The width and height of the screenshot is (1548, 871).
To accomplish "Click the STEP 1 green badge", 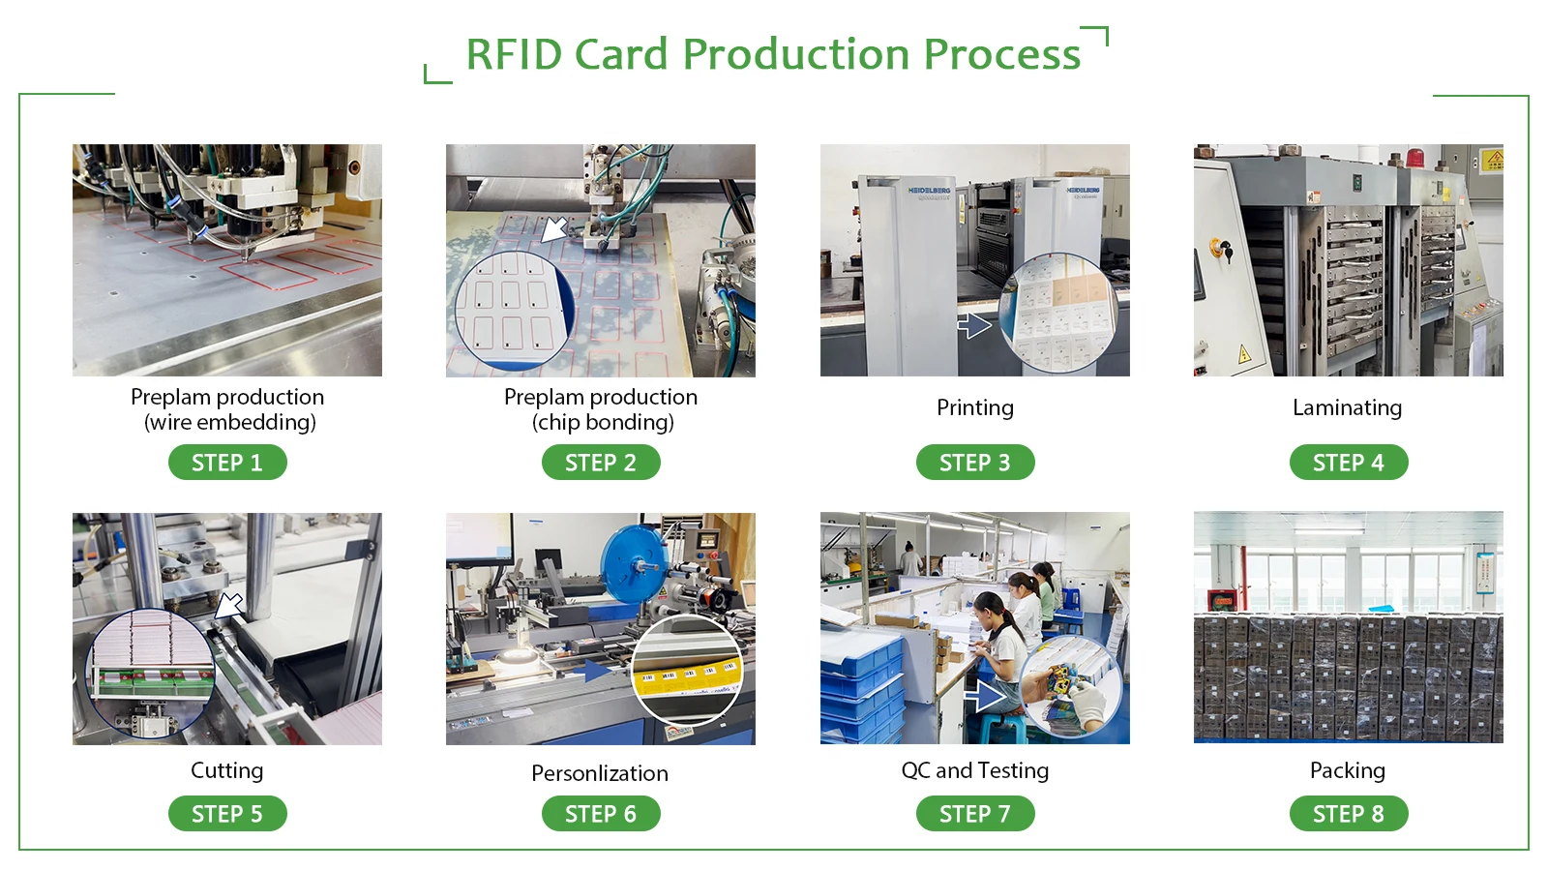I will click(x=227, y=463).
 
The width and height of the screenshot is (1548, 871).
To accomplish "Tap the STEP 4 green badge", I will click(x=1348, y=463).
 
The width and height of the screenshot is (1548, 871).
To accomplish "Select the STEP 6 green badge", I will click(x=600, y=814).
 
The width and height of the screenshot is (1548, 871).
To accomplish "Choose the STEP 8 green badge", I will click(x=1348, y=814).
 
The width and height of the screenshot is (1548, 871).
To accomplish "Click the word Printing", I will click(x=974, y=407).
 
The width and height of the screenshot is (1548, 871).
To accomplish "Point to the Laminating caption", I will click(x=1347, y=407).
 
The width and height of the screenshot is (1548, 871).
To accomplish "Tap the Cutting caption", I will click(x=226, y=770).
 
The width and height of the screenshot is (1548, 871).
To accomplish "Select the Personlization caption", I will click(x=600, y=773).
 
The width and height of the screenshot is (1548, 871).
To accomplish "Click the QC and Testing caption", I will click(x=974, y=770).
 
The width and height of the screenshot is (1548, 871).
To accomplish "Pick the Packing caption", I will click(x=1347, y=770).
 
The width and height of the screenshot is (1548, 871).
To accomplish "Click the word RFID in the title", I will click(x=513, y=55).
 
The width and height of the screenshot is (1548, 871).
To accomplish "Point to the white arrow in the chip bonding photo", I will click(x=554, y=229).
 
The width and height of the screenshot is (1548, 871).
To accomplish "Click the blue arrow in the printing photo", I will click(x=974, y=326).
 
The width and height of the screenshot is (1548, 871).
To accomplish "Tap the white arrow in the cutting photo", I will click(x=230, y=606).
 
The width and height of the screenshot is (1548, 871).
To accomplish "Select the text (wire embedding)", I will click(x=230, y=423).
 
